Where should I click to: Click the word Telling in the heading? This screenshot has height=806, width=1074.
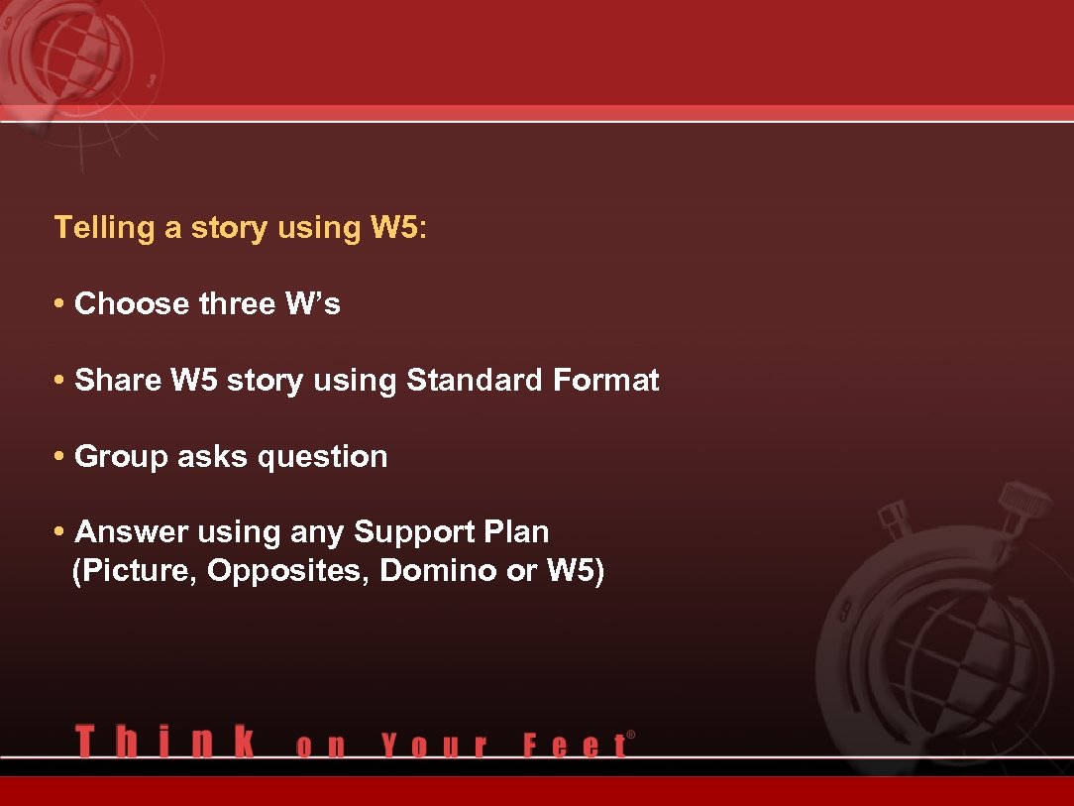point(105,228)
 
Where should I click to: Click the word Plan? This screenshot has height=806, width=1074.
point(516,532)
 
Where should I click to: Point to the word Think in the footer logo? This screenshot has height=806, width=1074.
point(164,742)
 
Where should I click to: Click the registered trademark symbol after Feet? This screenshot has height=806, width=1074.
point(631,735)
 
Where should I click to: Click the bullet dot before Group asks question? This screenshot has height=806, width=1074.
point(60,457)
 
